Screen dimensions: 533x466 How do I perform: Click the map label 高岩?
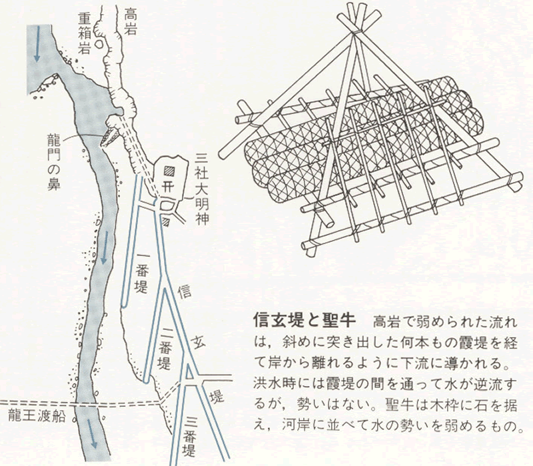click(x=129, y=21)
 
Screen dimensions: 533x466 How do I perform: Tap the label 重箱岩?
click(x=84, y=33)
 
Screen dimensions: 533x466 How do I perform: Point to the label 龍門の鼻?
click(x=54, y=161)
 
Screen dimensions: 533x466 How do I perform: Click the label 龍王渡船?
click(x=36, y=417)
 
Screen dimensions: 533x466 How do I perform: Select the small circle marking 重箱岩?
click(x=99, y=44)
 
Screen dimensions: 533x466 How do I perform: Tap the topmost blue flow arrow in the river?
click(x=37, y=44)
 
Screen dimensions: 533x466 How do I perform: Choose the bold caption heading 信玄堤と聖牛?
click(x=304, y=320)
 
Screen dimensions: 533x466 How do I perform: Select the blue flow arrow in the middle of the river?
click(x=105, y=247)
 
